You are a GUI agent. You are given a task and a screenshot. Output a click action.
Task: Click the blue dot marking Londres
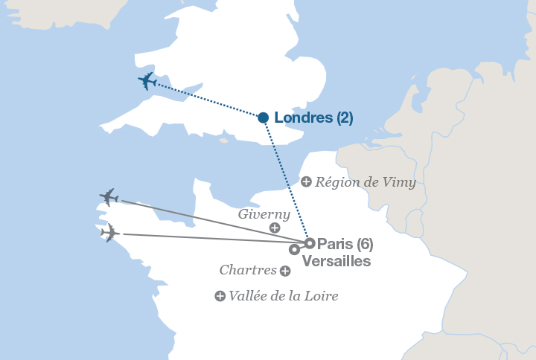point(263,118)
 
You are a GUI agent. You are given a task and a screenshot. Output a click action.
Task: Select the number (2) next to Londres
point(344,118)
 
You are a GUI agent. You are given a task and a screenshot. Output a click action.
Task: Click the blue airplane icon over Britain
point(148,81)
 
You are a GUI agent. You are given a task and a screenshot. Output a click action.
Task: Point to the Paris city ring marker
point(310,243)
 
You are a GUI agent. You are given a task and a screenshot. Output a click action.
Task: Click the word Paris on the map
point(334,244)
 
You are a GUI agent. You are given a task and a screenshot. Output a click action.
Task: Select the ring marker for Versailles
point(295,249)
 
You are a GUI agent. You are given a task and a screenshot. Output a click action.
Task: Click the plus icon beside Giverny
point(275,228)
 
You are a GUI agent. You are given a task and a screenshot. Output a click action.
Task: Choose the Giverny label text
point(264,214)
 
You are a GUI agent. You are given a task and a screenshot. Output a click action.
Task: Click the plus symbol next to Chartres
point(285,271)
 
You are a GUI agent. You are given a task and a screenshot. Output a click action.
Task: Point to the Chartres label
point(248,270)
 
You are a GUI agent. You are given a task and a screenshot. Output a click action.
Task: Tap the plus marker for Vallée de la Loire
point(220,296)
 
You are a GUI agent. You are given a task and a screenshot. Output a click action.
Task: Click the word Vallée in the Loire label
point(247,296)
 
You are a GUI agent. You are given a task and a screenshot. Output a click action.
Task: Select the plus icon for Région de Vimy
point(306,181)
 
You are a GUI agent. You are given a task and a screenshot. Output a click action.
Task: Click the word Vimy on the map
point(400,182)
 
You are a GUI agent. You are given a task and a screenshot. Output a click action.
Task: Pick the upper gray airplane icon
point(109,197)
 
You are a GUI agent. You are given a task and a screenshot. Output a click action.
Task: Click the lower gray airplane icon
point(109,233)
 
